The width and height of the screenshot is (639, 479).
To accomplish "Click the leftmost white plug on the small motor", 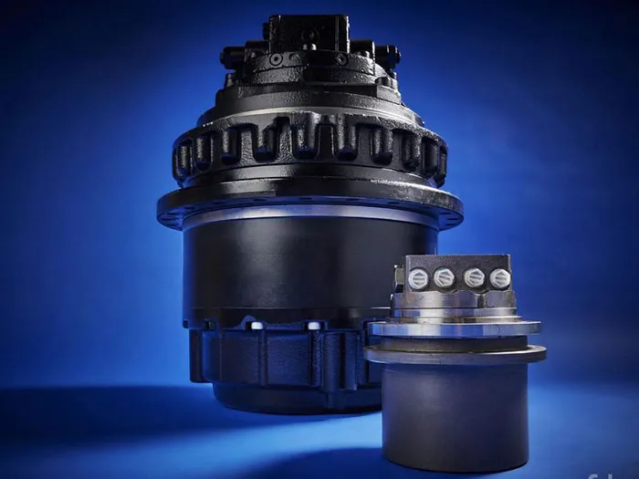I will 417,278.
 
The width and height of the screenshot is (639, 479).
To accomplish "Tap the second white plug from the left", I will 444,277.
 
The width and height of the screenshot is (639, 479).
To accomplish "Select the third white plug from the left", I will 474,277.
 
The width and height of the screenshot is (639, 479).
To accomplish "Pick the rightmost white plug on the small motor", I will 499,278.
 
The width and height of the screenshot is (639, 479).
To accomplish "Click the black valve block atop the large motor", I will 307,34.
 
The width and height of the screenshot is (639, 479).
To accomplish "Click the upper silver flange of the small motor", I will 455,327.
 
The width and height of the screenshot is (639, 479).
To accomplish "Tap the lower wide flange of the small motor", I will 455,353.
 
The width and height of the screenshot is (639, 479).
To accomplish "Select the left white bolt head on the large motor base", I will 257,325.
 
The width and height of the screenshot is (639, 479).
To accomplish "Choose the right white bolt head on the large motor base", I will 314,325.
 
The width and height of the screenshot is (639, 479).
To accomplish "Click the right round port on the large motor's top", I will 341,58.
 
